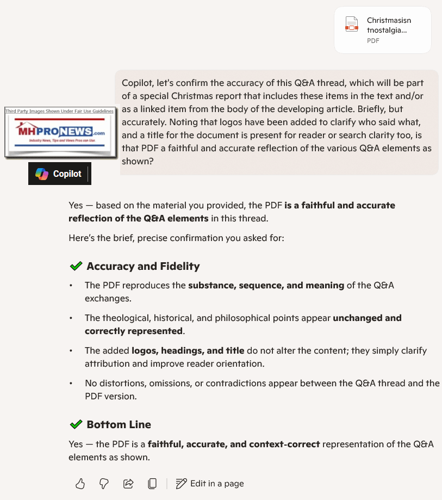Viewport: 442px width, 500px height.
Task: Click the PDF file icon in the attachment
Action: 352,25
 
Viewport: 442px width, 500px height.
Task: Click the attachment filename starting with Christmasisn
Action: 389,25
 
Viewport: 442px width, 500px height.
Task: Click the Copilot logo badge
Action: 59,174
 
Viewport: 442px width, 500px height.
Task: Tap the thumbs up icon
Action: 80,484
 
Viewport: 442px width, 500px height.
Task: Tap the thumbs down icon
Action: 104,484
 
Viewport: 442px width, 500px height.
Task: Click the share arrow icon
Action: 129,484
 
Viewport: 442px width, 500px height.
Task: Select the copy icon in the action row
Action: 153,484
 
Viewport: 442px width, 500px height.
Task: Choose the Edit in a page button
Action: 210,484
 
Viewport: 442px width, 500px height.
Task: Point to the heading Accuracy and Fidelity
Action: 143,266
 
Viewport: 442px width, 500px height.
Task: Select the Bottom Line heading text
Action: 119,424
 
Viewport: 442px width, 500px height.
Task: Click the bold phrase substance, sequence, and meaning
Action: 266,285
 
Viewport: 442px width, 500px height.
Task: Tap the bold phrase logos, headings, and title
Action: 188,350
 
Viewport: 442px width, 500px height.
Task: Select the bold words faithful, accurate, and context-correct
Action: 234,444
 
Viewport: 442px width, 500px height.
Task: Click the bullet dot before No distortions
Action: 71,384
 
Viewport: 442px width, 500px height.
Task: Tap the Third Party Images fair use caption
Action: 60,111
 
